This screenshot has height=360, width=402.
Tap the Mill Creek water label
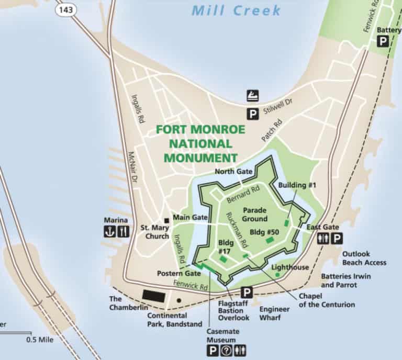point(236,10)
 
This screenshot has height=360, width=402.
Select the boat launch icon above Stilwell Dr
point(253,96)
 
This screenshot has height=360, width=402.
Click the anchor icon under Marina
point(109,232)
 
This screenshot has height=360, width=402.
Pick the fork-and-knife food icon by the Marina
point(123,232)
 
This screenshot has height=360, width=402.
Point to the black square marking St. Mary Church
point(166,220)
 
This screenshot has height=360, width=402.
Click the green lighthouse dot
point(277,275)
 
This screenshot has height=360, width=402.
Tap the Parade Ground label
point(254,215)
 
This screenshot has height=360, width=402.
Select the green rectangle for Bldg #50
point(270,240)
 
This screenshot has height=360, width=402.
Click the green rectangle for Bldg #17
point(224,258)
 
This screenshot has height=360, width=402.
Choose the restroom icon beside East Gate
point(323,239)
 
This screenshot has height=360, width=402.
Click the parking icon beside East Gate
point(337,239)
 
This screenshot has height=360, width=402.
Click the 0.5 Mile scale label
point(40,339)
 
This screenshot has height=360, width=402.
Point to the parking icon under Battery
point(383,41)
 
